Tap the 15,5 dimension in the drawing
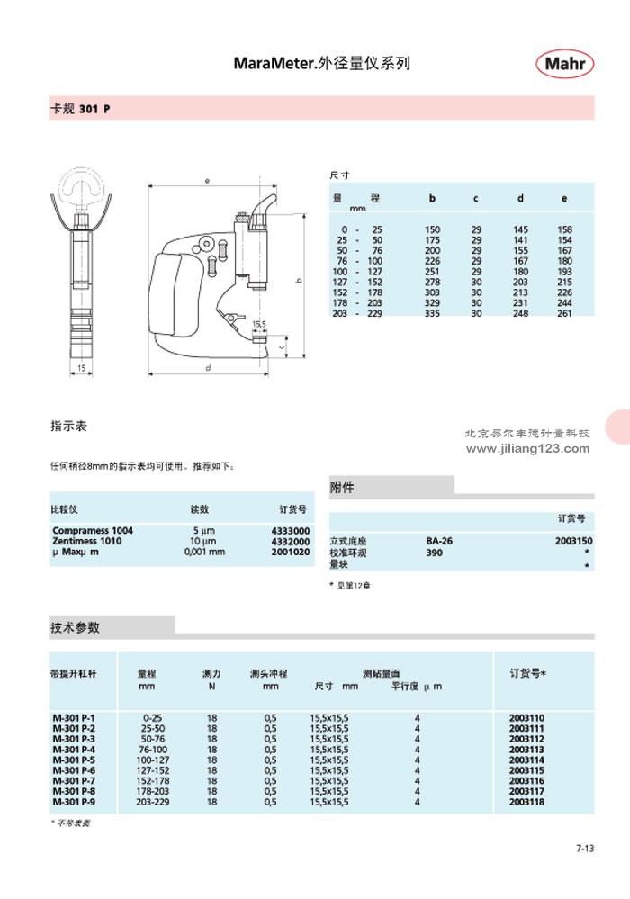(259, 323)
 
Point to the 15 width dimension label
(80, 369)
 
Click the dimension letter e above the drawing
(206, 181)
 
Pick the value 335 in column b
(432, 313)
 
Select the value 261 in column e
(564, 313)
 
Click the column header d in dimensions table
(520, 198)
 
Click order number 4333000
(290, 531)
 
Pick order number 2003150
(574, 541)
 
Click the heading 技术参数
(75, 626)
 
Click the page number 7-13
(584, 848)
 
